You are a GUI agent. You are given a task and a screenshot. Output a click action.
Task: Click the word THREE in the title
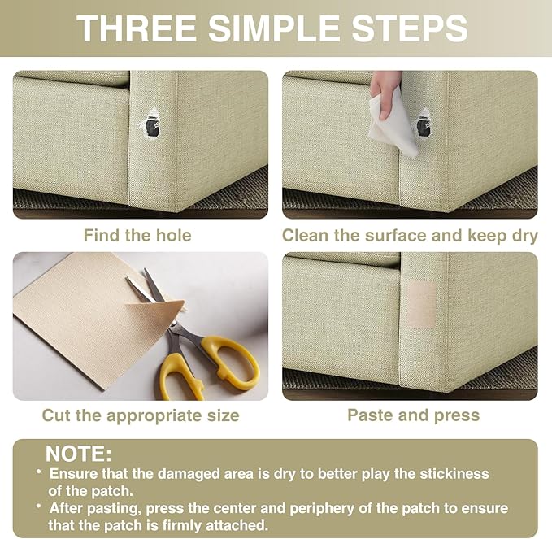pyautogui.click(x=137, y=28)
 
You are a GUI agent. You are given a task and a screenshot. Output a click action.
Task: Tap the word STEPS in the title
pyautogui.click(x=410, y=28)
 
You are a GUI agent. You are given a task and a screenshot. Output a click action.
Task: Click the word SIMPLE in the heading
pyautogui.click(x=274, y=28)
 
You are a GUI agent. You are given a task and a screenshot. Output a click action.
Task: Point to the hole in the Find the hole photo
pyautogui.click(x=150, y=124)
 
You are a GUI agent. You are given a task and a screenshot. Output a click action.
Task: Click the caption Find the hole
pyautogui.click(x=137, y=235)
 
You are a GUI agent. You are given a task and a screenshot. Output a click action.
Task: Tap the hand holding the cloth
pyautogui.click(x=384, y=93)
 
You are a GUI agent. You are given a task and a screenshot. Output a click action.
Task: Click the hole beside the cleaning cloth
pyautogui.click(x=424, y=124)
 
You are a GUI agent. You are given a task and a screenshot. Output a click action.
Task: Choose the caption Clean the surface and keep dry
pyautogui.click(x=410, y=236)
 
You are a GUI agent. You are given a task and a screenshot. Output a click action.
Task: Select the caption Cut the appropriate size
pyautogui.click(x=141, y=415)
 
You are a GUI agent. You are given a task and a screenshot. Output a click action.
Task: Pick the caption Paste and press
pyautogui.click(x=413, y=415)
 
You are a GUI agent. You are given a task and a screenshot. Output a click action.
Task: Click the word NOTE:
pyautogui.click(x=79, y=454)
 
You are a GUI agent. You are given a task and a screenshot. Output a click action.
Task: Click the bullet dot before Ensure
pyautogui.click(x=39, y=472)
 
